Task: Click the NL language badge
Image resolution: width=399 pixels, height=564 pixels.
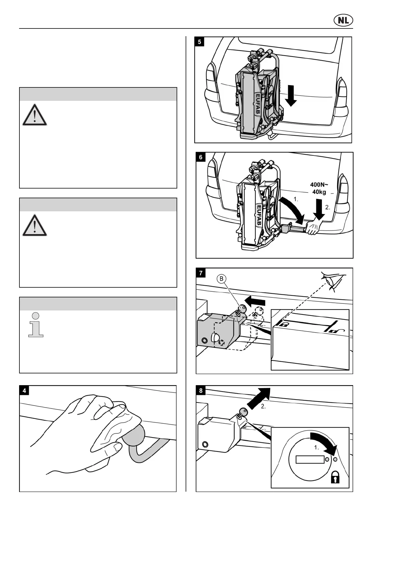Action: [x=343, y=21]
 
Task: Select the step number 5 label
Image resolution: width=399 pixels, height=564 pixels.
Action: [x=200, y=42]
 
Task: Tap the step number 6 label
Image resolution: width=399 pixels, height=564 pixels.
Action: [x=201, y=157]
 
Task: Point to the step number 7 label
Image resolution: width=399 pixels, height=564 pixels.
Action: [x=201, y=273]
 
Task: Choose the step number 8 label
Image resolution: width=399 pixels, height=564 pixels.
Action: [x=201, y=391]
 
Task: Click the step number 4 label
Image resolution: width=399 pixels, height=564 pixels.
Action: [x=24, y=391]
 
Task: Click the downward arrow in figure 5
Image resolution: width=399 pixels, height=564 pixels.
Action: [x=291, y=95]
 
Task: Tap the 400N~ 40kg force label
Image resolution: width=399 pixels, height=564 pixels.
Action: [x=319, y=188]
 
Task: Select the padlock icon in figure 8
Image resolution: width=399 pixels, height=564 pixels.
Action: [x=335, y=477]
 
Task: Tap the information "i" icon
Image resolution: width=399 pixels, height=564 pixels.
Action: [x=36, y=325]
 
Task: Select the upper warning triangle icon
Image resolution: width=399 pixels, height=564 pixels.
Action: [x=35, y=115]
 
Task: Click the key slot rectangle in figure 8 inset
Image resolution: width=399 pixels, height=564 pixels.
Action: [x=310, y=459]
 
